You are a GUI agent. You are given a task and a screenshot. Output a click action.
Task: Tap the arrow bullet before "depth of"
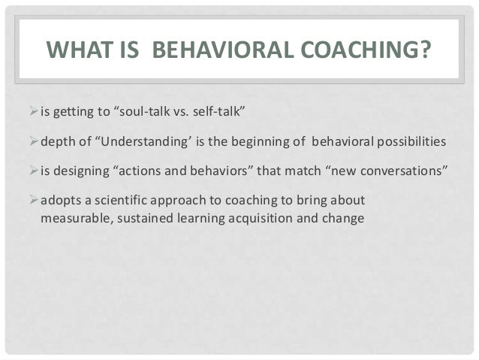point(33,142)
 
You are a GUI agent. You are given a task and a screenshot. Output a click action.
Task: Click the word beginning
point(256,143)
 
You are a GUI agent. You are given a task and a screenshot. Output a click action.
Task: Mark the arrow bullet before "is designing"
point(33,171)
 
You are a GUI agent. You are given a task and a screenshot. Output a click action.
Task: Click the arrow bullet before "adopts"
point(33,200)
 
